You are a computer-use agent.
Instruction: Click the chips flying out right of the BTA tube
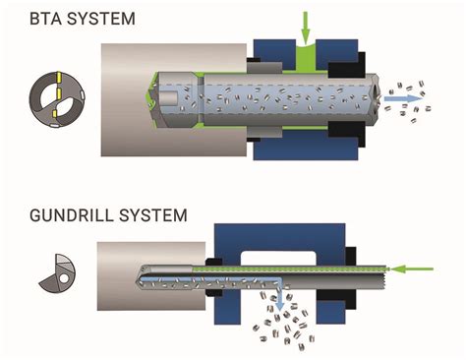(x=413, y=94)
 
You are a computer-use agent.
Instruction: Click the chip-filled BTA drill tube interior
(x=285, y=99)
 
